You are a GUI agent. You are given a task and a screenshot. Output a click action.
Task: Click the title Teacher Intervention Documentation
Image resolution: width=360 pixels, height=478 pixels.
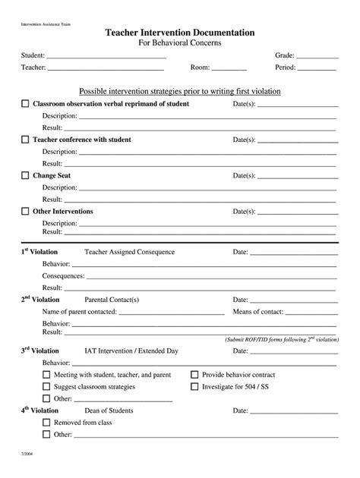[180, 33]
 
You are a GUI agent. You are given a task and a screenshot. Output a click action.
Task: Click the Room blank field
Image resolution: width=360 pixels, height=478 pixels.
[229, 69]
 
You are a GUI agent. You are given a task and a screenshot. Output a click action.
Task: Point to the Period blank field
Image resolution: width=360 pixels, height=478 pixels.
[317, 69]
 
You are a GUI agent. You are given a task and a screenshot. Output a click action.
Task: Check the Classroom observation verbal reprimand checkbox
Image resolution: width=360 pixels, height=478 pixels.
[25, 103]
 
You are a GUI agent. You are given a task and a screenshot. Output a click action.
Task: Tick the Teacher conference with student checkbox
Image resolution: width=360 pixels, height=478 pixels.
[25, 140]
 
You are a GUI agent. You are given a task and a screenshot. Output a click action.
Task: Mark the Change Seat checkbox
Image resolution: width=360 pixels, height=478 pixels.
[25, 175]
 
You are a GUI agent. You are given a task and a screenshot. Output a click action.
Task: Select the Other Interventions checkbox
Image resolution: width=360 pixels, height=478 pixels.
[25, 211]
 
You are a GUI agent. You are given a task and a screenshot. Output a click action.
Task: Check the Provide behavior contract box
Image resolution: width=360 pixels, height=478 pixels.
[194, 375]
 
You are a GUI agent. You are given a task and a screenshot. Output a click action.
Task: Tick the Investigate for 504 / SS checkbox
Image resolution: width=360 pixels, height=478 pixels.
[194, 386]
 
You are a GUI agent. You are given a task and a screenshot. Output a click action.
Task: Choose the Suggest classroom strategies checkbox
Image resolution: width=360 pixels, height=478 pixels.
[46, 386]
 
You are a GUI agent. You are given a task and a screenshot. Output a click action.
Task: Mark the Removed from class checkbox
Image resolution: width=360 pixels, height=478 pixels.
[46, 423]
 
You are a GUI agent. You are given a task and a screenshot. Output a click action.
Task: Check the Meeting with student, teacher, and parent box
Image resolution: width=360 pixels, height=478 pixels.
[46, 375]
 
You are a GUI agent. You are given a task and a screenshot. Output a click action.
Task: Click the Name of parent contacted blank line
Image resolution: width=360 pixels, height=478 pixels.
[170, 313]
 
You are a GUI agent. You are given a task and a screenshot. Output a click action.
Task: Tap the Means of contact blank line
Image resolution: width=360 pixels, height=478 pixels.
[311, 313]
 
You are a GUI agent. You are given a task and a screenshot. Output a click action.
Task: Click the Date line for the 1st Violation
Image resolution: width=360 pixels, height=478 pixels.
[293, 253]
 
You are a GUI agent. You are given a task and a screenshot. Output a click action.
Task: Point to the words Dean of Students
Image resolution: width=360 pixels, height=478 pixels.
[109, 410]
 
